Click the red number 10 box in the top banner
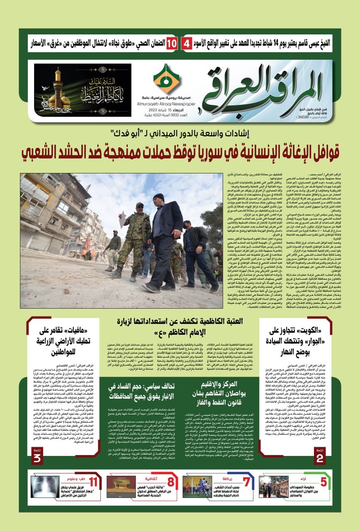pos(172,44)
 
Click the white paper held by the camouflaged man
pos(122,219)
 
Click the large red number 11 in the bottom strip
pos(94,482)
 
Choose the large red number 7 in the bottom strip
pos(246,482)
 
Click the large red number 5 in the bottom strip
pos(323,482)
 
